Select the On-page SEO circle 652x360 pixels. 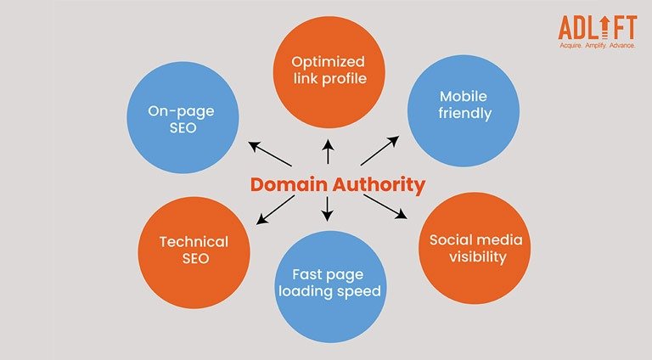[182, 117]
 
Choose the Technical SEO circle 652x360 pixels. [194, 252]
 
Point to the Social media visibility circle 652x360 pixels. [475, 249]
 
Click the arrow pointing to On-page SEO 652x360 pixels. [270, 155]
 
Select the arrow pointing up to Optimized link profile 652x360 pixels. [328, 154]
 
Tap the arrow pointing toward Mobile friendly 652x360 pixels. [379, 150]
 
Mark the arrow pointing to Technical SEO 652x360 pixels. [276, 210]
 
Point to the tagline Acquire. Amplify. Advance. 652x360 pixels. [599, 46]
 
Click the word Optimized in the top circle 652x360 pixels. [328, 62]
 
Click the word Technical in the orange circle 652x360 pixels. [194, 242]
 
